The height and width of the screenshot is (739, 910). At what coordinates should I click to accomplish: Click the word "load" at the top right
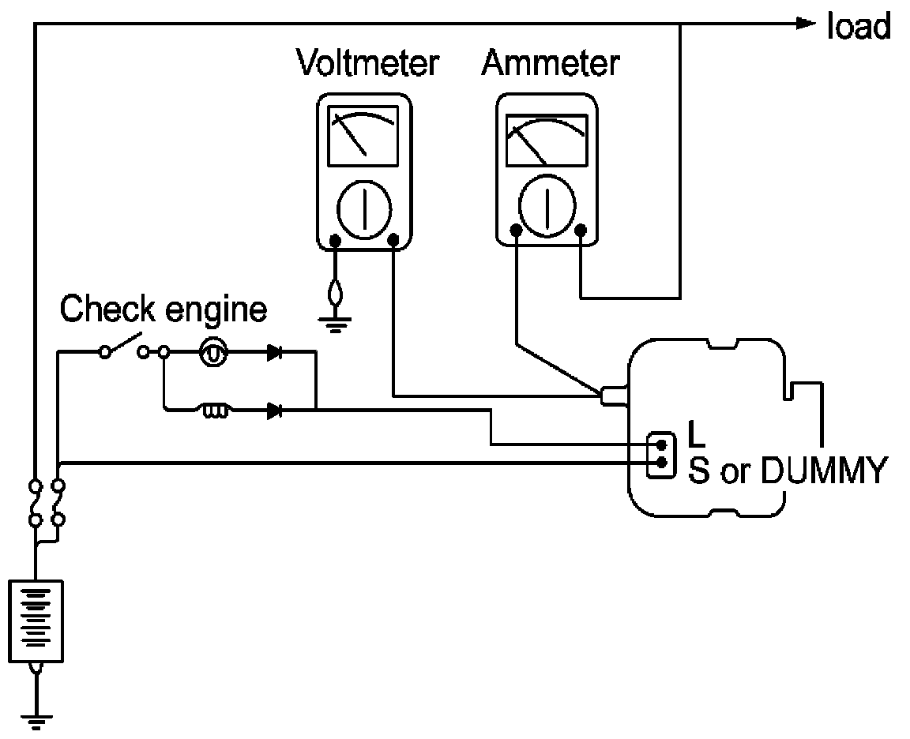tap(859, 28)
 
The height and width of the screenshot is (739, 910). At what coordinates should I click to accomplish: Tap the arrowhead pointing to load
tap(806, 23)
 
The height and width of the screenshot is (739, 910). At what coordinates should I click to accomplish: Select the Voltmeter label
tap(368, 62)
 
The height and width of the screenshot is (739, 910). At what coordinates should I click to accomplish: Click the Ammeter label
tap(551, 62)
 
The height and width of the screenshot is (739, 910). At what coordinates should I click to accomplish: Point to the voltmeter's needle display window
tap(363, 136)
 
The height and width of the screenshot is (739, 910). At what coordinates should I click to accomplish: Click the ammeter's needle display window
tap(547, 141)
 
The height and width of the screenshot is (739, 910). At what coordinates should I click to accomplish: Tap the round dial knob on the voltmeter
tap(364, 208)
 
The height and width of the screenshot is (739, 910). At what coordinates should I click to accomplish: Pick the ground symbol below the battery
tap(36, 722)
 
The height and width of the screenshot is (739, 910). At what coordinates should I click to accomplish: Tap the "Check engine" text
tap(163, 309)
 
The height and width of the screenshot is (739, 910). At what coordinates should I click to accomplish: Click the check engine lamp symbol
tap(213, 352)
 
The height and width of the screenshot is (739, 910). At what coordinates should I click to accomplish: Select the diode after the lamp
tap(275, 352)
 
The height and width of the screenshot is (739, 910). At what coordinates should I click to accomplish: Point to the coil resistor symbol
tap(215, 411)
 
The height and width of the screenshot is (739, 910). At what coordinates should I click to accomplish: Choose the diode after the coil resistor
tap(275, 411)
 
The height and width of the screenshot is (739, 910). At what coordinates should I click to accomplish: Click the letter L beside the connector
tap(697, 434)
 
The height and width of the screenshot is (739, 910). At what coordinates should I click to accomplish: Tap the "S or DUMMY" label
tap(788, 471)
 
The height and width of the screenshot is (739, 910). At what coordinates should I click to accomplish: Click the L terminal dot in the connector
tap(662, 445)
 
